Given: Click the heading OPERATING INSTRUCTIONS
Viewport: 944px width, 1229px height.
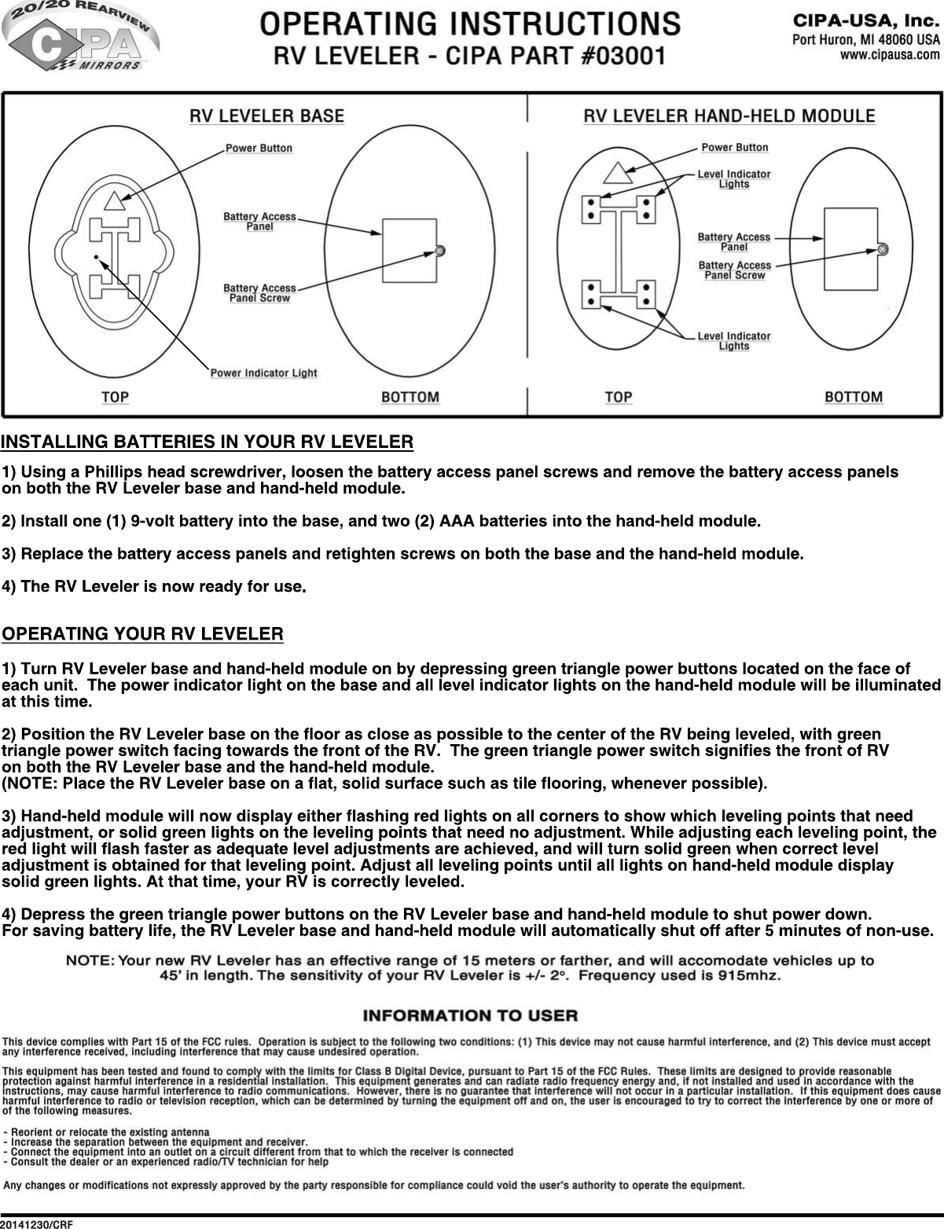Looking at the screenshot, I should [470, 23].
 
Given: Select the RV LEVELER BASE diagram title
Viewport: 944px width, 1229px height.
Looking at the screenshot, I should [266, 116].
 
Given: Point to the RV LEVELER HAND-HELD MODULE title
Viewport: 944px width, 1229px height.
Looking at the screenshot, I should [729, 116].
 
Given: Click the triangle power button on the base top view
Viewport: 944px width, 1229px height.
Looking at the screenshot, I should [113, 201].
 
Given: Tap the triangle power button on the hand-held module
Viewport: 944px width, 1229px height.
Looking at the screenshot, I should [617, 174].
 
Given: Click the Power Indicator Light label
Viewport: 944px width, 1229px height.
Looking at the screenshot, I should [263, 372].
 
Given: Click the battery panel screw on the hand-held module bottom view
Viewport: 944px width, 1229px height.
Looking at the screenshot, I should [883, 249].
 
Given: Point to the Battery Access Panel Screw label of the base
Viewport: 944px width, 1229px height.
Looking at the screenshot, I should [259, 293].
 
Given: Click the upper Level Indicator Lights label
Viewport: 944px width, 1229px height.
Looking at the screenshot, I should [734, 179].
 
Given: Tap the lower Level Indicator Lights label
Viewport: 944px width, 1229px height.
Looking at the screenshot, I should [734, 341].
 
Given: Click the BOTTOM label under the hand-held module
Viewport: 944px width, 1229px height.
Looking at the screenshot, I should [853, 397].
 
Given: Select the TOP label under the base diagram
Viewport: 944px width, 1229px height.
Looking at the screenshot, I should [115, 397].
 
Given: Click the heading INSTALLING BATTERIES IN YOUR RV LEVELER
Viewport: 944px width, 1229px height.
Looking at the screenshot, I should [208, 442].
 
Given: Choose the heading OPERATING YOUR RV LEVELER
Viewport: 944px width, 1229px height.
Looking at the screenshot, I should [143, 633].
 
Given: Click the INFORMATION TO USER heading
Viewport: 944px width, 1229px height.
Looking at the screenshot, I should [470, 1015].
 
